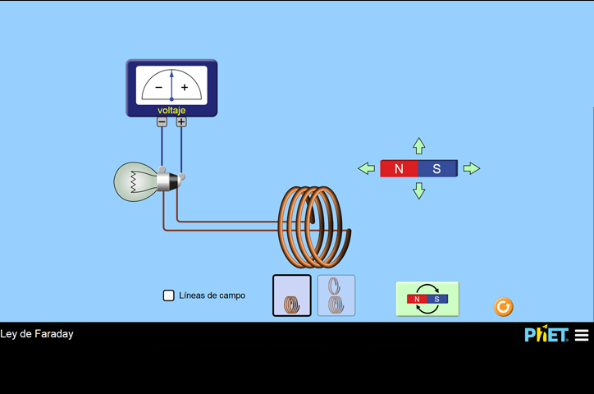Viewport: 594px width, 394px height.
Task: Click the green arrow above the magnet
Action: point(419,146)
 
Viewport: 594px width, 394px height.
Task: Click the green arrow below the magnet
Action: point(419,190)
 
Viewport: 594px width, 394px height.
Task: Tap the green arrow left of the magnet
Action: point(366,168)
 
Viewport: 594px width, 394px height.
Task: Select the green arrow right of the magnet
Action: point(472,168)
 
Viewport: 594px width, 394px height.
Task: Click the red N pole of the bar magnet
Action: point(400,169)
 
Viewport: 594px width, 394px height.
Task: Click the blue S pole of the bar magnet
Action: point(437,169)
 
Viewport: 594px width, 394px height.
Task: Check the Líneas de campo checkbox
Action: point(169,295)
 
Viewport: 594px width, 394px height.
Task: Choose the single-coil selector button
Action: point(292,295)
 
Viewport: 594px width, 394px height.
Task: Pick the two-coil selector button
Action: point(336,295)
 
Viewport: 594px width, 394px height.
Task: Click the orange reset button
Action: point(504,307)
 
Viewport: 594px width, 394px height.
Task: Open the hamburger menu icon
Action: point(582,335)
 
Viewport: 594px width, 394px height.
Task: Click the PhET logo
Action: point(546,334)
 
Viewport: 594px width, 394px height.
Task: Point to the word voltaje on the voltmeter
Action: point(171,110)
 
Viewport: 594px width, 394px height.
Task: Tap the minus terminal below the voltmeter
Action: point(162,121)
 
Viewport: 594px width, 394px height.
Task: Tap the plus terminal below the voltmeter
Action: point(181,121)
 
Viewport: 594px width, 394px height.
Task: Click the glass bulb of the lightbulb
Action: point(131,181)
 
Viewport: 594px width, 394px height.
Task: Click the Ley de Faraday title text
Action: point(37,334)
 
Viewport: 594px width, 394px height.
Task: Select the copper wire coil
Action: point(315,225)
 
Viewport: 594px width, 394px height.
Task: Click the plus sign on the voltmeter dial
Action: point(185,87)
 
